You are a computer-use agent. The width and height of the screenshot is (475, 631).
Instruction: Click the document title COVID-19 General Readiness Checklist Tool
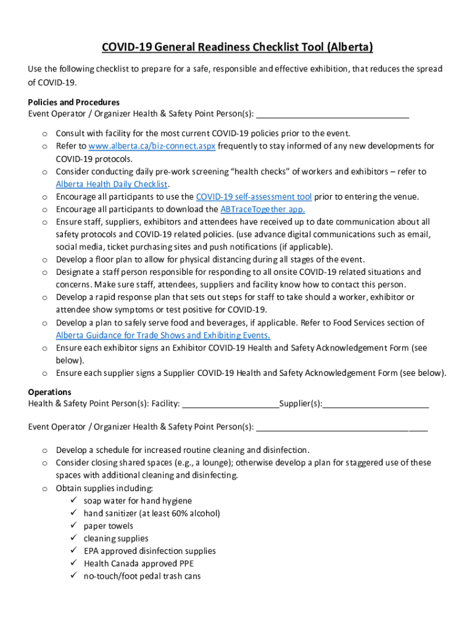click(237, 47)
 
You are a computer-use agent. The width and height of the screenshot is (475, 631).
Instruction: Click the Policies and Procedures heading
click(73, 102)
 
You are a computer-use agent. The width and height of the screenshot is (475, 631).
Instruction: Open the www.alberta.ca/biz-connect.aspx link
click(152, 146)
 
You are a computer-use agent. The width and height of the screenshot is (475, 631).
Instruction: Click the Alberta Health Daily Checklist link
click(112, 184)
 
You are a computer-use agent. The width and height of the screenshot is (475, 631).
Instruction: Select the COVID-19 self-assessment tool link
click(254, 197)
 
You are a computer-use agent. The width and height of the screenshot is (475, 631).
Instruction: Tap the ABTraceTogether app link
click(262, 210)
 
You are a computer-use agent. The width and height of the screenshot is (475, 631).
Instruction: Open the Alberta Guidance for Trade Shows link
click(163, 335)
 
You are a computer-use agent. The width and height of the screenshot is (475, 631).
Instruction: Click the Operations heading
click(49, 392)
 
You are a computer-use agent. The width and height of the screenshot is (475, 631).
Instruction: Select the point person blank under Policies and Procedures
click(332, 115)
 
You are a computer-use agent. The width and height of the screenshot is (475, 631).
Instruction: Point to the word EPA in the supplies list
click(92, 551)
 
